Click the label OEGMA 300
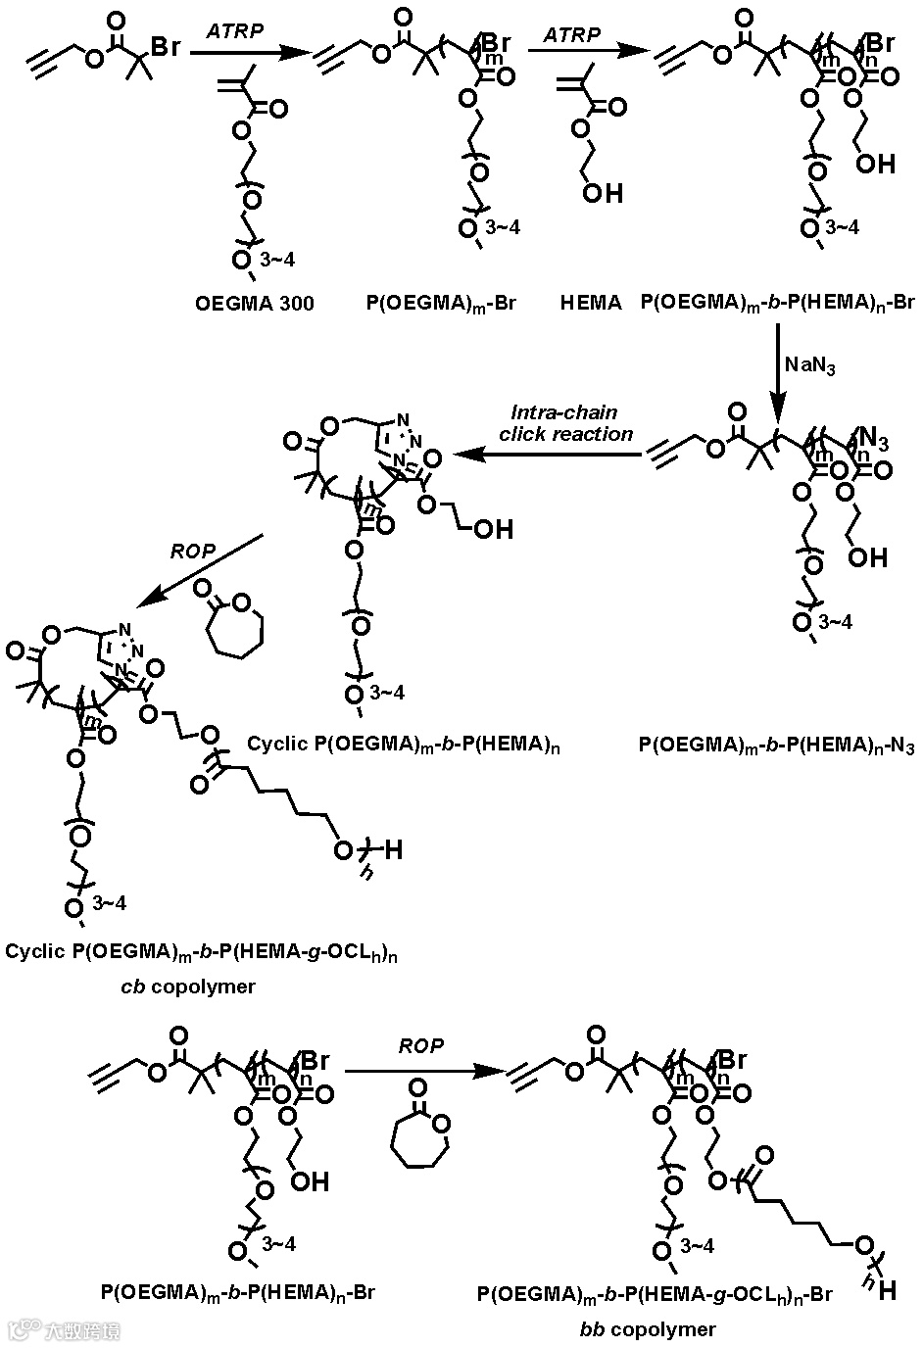point(255,304)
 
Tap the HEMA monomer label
point(591,304)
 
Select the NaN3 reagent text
point(809,365)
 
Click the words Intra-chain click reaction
point(565,423)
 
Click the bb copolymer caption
point(648,1329)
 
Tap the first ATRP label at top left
point(234,31)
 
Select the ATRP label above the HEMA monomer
point(572,33)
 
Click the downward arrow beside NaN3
point(777,372)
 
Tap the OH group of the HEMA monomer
point(603,193)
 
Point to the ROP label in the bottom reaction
point(420,1046)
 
